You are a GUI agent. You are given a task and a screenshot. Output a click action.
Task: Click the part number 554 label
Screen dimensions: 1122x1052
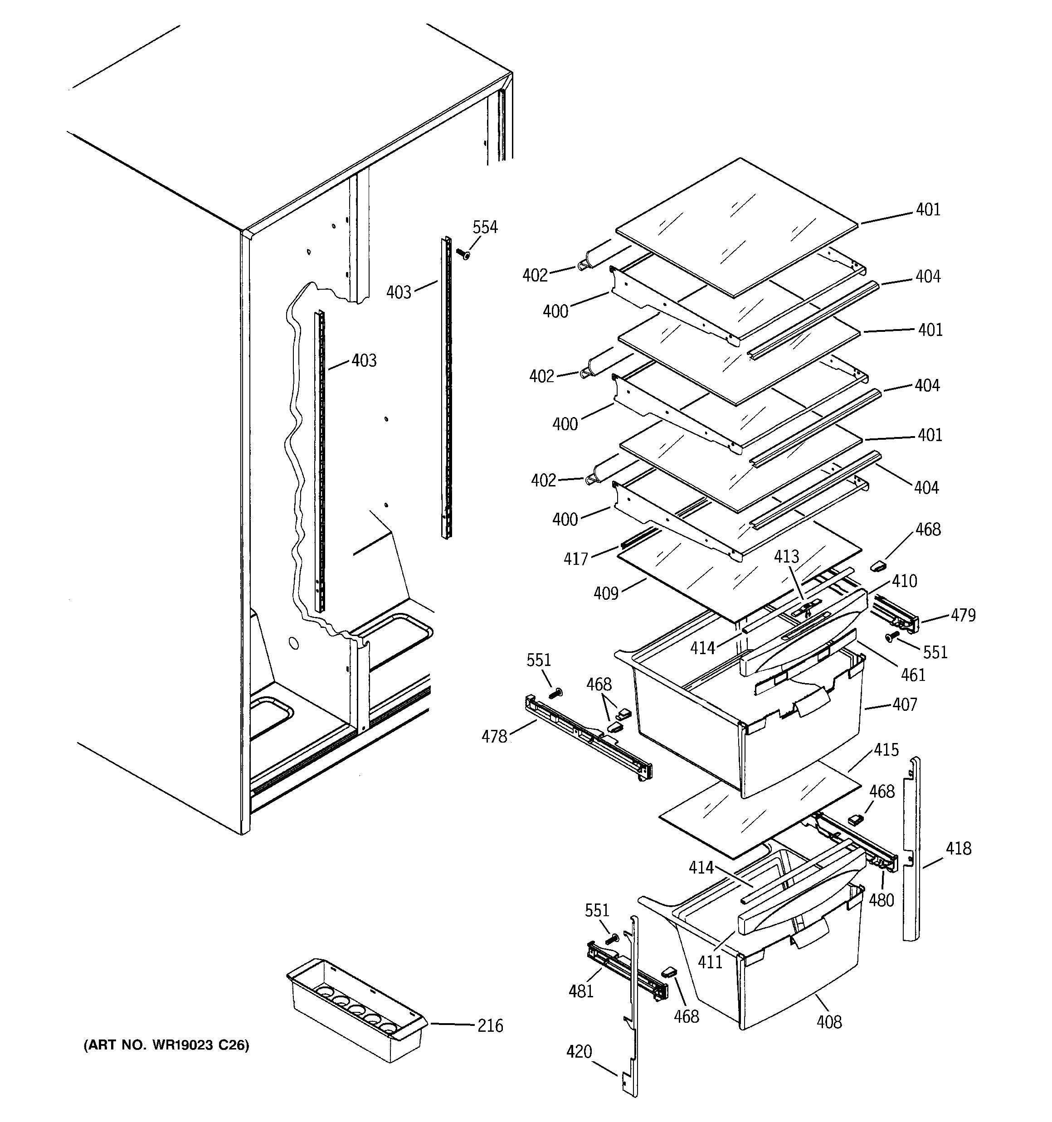(485, 228)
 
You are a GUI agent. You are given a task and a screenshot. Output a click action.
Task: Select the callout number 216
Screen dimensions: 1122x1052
(490, 1025)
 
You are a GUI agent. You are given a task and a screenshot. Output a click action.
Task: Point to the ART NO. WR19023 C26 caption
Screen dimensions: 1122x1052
(166, 1045)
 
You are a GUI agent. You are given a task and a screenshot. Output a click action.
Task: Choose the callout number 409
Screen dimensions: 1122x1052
(606, 593)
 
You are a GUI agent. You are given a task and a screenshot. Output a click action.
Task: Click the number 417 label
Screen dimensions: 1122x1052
(576, 559)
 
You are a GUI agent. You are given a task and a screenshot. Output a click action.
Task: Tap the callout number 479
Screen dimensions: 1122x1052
(963, 615)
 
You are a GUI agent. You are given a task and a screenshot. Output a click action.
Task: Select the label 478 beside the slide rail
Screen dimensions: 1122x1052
(494, 737)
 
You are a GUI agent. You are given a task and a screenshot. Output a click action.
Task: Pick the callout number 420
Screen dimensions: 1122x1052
(579, 1051)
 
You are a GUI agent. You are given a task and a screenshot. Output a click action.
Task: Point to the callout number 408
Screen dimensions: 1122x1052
(829, 1021)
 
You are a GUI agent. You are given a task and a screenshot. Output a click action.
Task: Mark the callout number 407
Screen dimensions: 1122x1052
(905, 704)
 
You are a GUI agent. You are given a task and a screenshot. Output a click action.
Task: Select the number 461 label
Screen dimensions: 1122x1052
(913, 675)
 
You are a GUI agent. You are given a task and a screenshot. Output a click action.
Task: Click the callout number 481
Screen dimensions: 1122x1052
(581, 991)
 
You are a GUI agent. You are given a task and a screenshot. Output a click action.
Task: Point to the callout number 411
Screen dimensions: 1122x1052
(710, 962)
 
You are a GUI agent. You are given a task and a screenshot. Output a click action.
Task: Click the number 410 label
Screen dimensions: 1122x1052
(905, 581)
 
